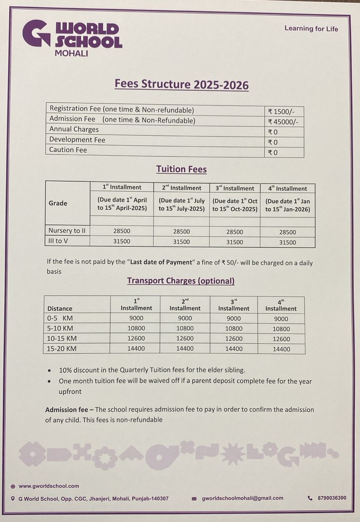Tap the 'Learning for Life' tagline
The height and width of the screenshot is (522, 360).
(x=311, y=29)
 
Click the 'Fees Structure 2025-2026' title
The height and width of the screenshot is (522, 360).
(x=181, y=84)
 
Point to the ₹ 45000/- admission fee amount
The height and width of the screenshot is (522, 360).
(x=283, y=122)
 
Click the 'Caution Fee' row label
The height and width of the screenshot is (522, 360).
(x=68, y=150)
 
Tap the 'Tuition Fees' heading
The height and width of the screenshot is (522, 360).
(x=181, y=169)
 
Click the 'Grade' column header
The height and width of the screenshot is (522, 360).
(x=58, y=203)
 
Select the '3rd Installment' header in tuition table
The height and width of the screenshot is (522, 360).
(x=234, y=188)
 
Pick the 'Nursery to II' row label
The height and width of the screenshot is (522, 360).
(x=67, y=231)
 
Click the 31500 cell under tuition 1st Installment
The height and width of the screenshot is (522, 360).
(x=121, y=241)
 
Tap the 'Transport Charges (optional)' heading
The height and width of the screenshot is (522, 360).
(x=181, y=281)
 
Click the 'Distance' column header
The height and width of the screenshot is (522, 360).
(x=60, y=308)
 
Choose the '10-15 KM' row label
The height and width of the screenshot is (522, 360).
(x=62, y=339)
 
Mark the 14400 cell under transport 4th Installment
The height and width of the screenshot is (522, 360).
(x=281, y=349)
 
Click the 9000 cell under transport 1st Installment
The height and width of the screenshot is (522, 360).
(x=136, y=318)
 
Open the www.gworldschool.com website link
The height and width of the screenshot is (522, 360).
(x=49, y=486)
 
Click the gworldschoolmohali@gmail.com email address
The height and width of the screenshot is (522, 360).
(x=242, y=498)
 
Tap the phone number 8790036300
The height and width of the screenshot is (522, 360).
(x=332, y=498)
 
